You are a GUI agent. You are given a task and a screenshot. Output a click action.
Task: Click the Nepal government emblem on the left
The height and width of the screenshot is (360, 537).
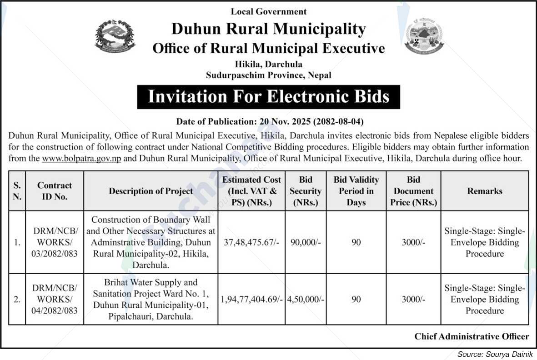pyautogui.click(x=115, y=36)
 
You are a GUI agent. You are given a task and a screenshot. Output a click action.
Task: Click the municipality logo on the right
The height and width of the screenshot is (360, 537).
pyautogui.click(x=424, y=37)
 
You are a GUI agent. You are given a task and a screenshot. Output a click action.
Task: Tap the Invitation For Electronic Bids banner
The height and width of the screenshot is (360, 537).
pyautogui.click(x=268, y=97)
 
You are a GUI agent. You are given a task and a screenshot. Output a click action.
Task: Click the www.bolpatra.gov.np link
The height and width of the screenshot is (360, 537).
pyautogui.click(x=81, y=159)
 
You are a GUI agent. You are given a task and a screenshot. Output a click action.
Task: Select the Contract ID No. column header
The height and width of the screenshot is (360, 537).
pyautogui.click(x=55, y=191)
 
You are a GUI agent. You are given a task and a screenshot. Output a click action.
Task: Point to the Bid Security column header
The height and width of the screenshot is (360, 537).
pyautogui.click(x=306, y=191)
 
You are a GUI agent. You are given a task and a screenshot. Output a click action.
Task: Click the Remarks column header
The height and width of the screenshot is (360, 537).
pyautogui.click(x=485, y=191)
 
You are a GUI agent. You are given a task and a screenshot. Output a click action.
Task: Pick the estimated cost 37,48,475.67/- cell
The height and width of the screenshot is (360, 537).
pyautogui.click(x=251, y=242)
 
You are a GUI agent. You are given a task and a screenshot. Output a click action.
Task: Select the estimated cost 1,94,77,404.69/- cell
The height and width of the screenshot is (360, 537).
pyautogui.click(x=251, y=300)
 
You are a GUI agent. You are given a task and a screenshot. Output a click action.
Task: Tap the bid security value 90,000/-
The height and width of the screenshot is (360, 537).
pyautogui.click(x=306, y=242)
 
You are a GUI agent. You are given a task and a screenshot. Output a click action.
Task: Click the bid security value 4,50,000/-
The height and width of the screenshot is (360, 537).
pyautogui.click(x=306, y=300)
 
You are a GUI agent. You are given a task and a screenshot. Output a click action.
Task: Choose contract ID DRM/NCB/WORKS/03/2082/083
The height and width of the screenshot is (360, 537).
pyautogui.click(x=55, y=242)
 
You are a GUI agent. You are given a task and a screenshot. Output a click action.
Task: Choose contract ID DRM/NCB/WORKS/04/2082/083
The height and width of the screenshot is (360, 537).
pyautogui.click(x=55, y=300)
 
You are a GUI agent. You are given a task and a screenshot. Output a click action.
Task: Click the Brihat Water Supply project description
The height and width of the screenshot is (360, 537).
pyautogui.click(x=151, y=300)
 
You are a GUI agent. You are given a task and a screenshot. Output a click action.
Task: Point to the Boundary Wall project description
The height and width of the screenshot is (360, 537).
pyautogui.click(x=151, y=242)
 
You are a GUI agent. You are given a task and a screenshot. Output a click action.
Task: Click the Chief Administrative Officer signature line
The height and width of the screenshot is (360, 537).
pyautogui.click(x=472, y=336)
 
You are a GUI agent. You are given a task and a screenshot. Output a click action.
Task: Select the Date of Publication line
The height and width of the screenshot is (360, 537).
pyautogui.click(x=270, y=122)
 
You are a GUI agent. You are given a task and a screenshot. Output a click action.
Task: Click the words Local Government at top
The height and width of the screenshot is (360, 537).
pyautogui.click(x=269, y=11)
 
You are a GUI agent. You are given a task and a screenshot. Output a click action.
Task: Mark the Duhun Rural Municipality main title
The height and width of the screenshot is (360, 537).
pyautogui.click(x=268, y=29)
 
